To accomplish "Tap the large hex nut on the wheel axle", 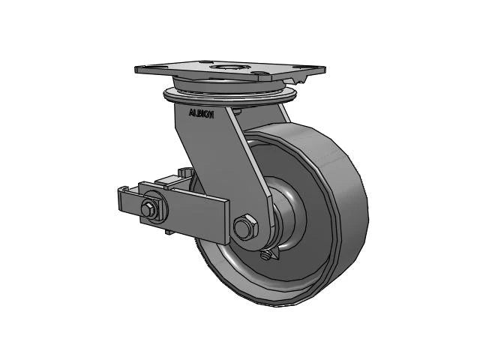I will [x=244, y=227].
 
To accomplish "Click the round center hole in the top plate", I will [x=226, y=69].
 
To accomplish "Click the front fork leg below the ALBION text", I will [x=225, y=165].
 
